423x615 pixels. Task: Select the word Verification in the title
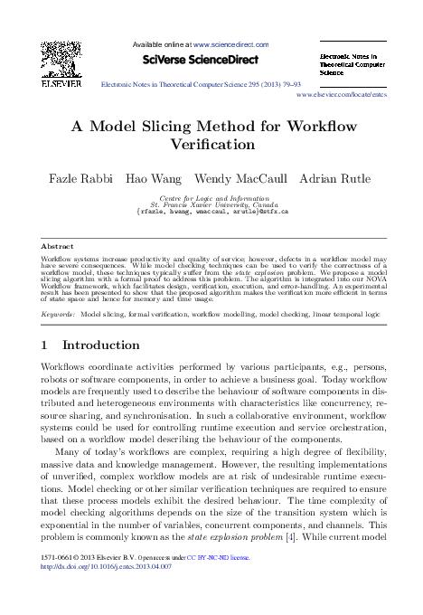click(211, 143)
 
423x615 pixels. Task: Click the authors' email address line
click(211, 210)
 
